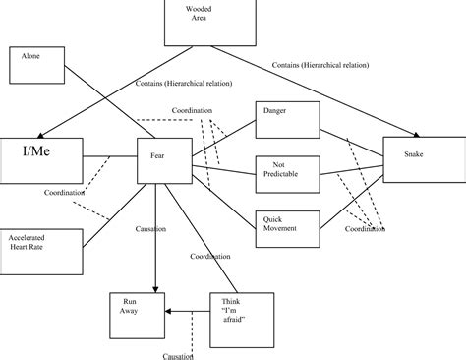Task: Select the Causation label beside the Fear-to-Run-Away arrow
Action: tap(150, 228)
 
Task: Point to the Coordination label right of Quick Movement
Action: tap(365, 229)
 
